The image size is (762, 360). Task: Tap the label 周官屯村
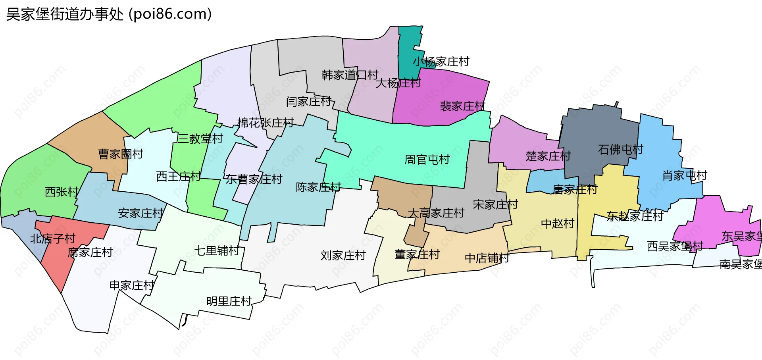[427, 160]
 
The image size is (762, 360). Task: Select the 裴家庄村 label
[462, 106]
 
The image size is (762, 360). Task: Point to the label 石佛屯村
[620, 150]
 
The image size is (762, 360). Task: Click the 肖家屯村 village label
[685, 175]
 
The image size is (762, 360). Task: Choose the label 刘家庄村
[343, 255]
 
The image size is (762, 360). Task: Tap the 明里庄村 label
[229, 301]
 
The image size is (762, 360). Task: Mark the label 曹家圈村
[121, 154]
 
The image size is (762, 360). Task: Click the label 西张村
[62, 192]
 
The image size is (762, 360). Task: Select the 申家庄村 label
[132, 285]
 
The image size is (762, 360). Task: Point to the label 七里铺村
[217, 251]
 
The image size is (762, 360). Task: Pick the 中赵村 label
[558, 224]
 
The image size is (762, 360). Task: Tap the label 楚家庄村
[548, 156]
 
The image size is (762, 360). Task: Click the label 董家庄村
[417, 254]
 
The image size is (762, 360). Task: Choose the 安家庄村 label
[140, 214]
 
